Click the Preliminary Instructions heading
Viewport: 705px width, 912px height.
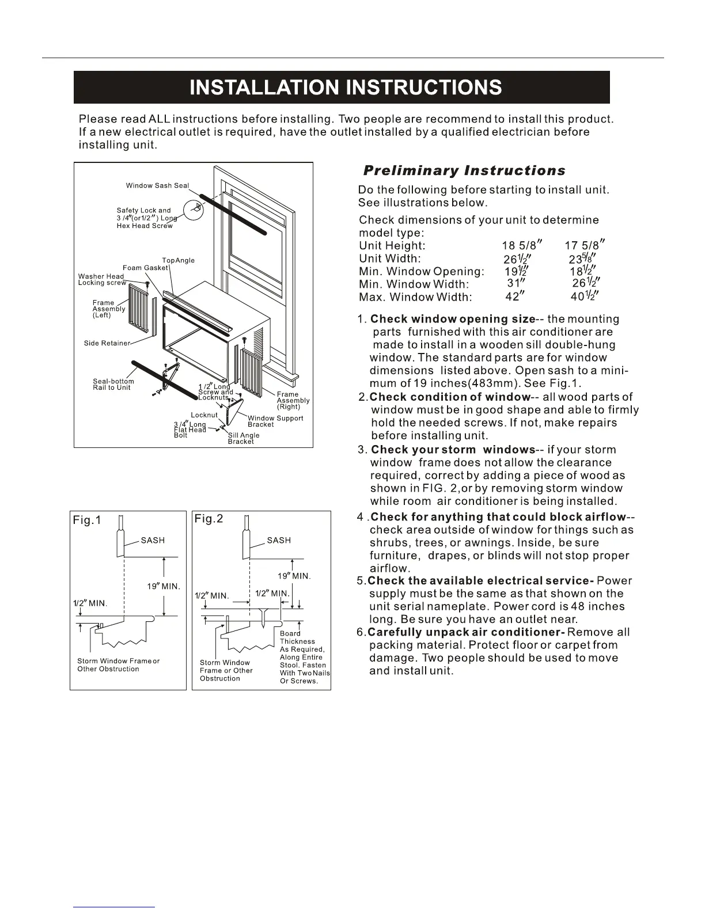[464, 170]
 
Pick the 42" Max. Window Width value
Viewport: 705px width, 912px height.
[512, 297]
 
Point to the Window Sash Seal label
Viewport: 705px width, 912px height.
[157, 185]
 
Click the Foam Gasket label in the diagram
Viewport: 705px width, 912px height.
[145, 268]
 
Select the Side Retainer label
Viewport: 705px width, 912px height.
[107, 343]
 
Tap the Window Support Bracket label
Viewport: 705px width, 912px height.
[275, 421]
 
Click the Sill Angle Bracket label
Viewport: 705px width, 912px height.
[243, 438]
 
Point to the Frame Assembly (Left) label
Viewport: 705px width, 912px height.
[109, 309]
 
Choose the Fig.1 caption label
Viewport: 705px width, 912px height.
[87, 520]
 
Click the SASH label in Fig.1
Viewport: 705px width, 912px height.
[153, 540]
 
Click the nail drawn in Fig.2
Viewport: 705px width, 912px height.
[263, 618]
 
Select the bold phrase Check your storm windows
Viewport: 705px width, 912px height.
[453, 450]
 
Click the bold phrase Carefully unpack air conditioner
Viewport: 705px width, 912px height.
[465, 632]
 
